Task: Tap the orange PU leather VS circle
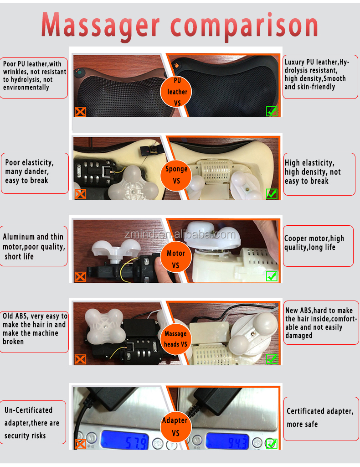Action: [177, 91]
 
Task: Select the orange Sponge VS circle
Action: [176, 174]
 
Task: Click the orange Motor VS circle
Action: [176, 259]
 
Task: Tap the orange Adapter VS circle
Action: [175, 426]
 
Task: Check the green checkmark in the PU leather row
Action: [272, 111]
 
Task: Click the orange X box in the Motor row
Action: [80, 276]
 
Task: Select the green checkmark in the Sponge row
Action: [272, 193]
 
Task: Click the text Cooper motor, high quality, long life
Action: [314, 243]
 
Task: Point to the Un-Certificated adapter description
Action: [32, 423]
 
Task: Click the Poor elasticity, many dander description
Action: [30, 171]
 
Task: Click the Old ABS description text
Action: [34, 328]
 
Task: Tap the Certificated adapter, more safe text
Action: [319, 417]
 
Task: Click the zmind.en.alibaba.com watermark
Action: [180, 234]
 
